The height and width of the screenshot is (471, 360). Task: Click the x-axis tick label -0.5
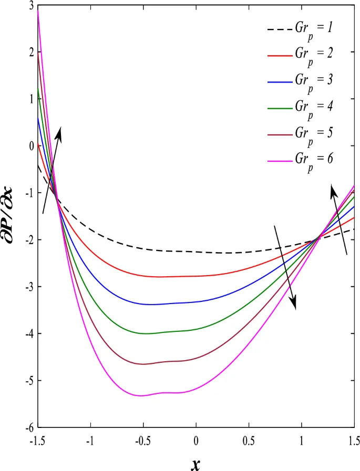pos(142,439)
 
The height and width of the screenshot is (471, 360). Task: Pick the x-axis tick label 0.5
pos(249,439)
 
